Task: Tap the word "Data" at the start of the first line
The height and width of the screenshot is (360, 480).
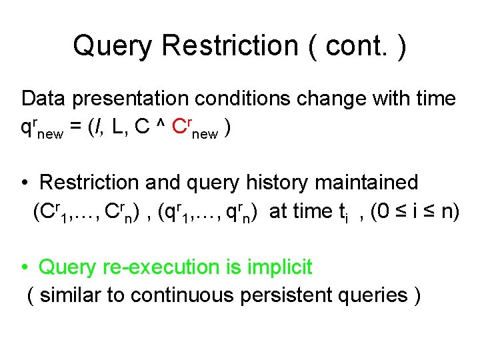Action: tap(45, 99)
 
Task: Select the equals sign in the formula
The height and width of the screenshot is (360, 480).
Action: tap(75, 129)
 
